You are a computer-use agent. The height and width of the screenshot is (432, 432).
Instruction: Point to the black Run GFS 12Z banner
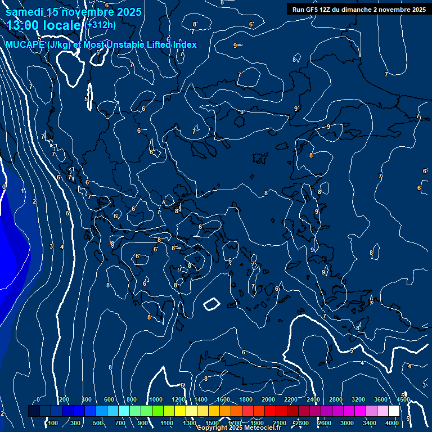point(359,9)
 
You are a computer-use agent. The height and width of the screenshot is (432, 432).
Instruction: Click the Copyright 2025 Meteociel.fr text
point(238,428)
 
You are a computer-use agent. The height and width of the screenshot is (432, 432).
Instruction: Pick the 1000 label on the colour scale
point(155,399)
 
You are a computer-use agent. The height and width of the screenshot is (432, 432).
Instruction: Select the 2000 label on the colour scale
point(268,399)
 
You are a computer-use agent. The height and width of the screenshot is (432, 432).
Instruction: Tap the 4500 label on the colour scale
point(403,399)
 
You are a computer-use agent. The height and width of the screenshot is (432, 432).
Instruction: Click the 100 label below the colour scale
point(53,423)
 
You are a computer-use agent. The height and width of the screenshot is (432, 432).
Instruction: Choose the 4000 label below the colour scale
point(393,423)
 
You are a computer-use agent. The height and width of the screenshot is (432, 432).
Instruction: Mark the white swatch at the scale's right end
point(394,411)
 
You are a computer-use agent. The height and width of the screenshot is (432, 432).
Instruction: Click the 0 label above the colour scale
point(38,399)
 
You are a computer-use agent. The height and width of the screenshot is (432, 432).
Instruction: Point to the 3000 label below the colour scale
point(347,423)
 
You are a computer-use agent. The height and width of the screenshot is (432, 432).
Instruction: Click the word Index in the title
point(184,44)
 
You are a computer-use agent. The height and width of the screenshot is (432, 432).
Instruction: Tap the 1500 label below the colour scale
point(211,423)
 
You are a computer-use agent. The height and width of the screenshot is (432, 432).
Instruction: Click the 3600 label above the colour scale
point(381,399)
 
